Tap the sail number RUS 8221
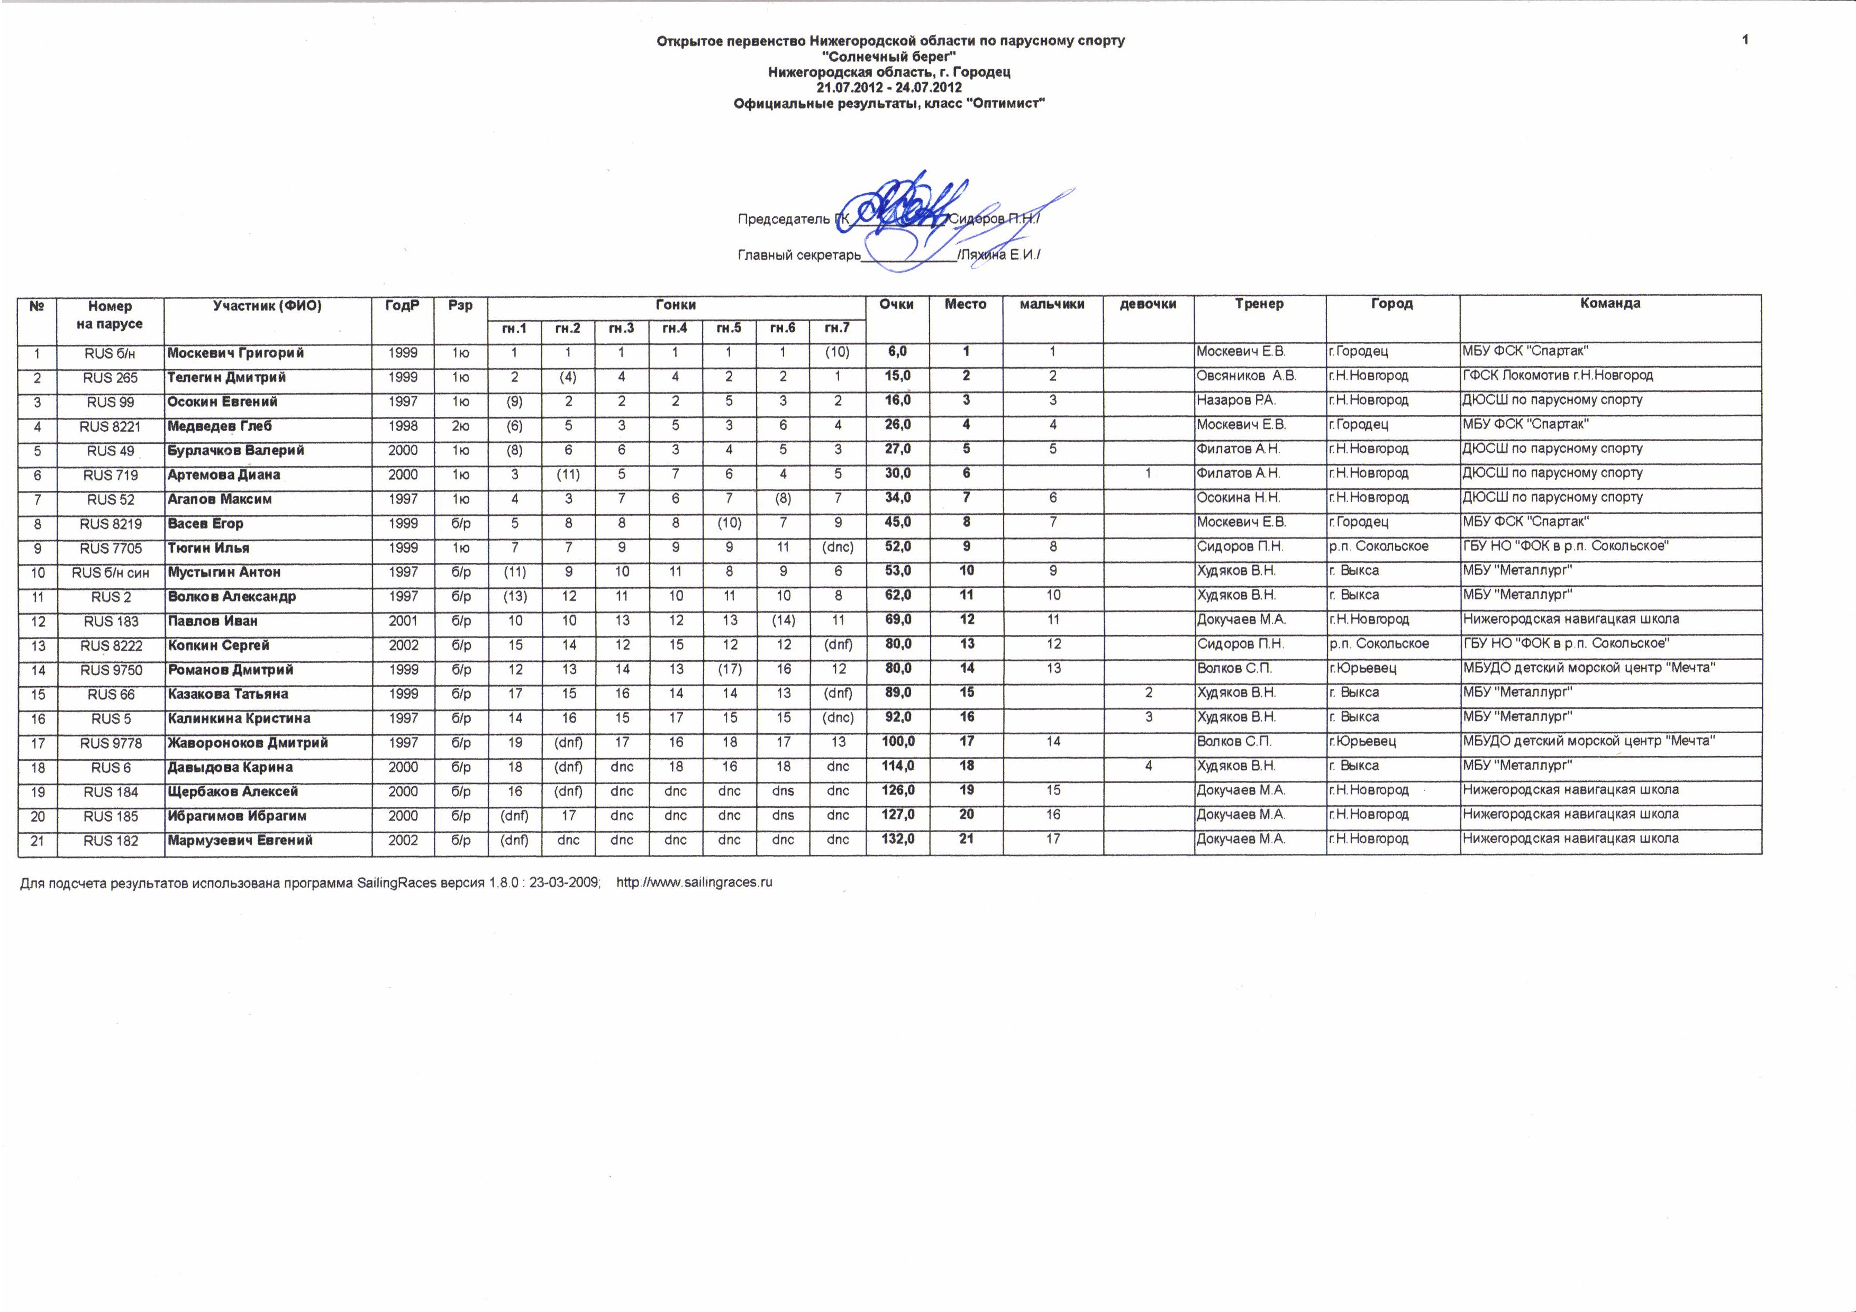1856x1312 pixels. (x=111, y=427)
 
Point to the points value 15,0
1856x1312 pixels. (x=897, y=376)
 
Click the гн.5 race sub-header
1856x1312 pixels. (x=729, y=328)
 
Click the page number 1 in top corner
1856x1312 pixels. (x=1745, y=40)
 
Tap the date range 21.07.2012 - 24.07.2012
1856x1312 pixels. (x=889, y=87)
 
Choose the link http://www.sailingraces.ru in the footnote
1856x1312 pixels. (x=694, y=882)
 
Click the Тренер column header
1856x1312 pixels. (x=1259, y=304)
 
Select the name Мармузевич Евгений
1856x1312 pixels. (x=240, y=840)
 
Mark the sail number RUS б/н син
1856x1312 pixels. (x=111, y=573)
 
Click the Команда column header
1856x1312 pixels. (x=1611, y=304)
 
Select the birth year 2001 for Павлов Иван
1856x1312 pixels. (x=403, y=621)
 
